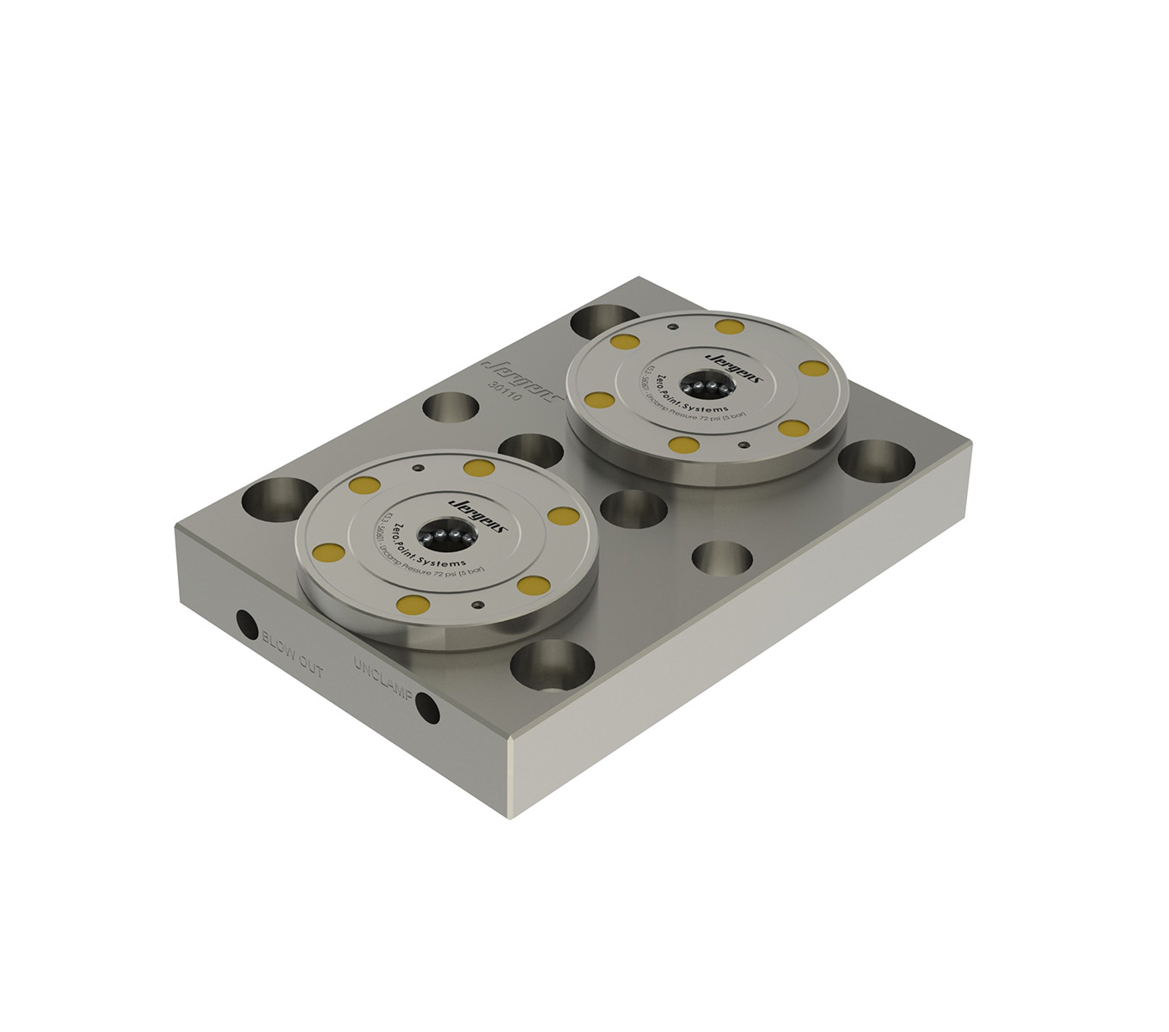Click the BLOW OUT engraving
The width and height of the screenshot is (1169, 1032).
tap(292, 653)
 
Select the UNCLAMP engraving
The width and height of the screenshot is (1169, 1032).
tap(383, 679)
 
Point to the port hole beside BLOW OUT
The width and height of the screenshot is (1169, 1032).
tap(247, 623)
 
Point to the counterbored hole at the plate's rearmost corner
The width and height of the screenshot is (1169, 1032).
tap(600, 322)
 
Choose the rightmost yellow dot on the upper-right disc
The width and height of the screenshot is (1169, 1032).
tap(813, 368)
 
